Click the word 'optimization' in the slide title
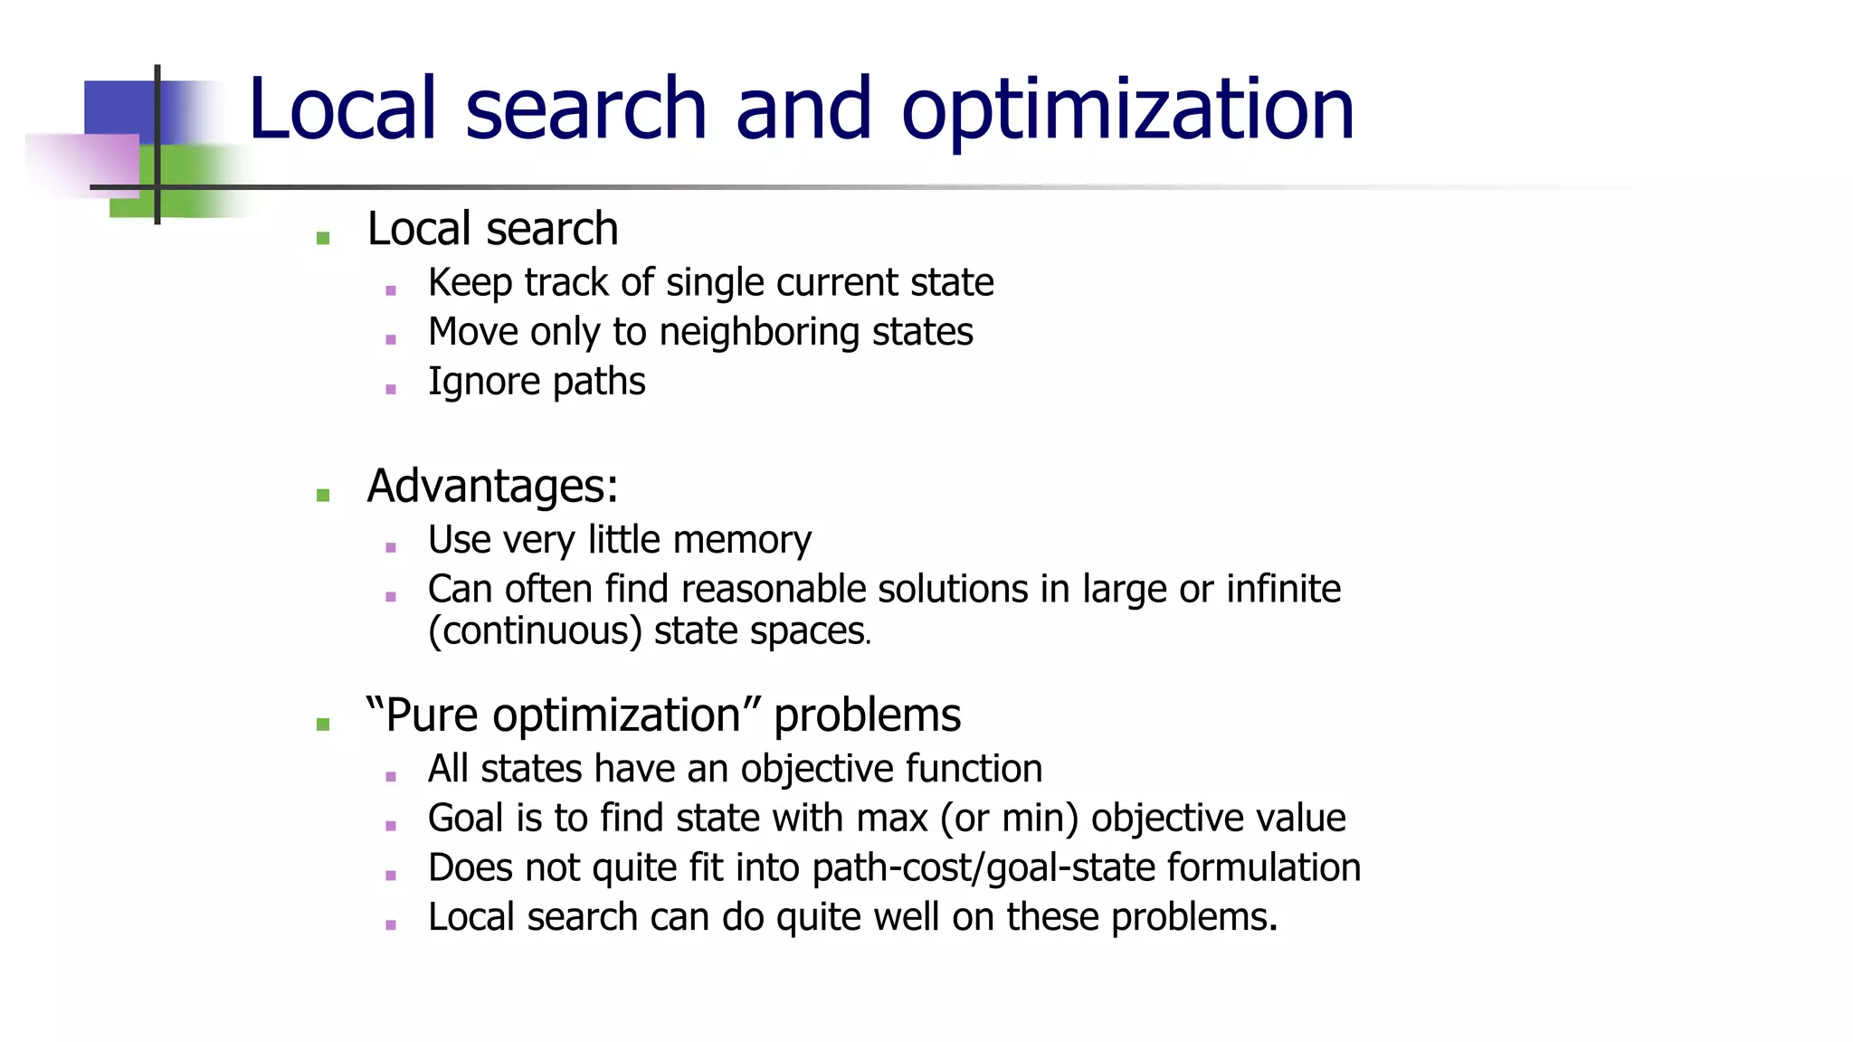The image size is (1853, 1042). coord(1127,110)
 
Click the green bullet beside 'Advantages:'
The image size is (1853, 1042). coord(323,495)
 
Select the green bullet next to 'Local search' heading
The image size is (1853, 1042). coord(323,238)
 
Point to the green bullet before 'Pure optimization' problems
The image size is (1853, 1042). coord(323,724)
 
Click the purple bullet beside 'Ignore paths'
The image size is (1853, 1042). coord(391,389)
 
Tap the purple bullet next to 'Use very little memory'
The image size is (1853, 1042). coord(391,547)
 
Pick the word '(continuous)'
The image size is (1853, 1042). coord(535,631)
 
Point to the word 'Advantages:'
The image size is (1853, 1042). coord(492,486)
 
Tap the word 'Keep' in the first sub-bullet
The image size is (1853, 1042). coord(470,283)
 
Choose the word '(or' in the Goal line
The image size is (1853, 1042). coord(965,819)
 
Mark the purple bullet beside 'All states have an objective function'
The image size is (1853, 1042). coord(391,776)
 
